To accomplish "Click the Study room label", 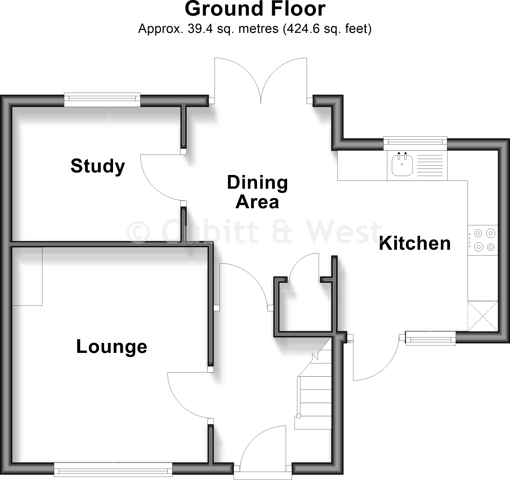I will (98, 166).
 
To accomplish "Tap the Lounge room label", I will (112, 347).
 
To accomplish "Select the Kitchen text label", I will (415, 243).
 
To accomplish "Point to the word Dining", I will (257, 183).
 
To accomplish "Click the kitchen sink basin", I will (402, 165).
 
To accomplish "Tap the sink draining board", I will (430, 166).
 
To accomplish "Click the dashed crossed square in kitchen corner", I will (483, 316).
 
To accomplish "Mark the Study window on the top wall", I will (102, 100).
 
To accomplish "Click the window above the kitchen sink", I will (415, 144).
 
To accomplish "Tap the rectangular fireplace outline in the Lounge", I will (27, 276).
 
